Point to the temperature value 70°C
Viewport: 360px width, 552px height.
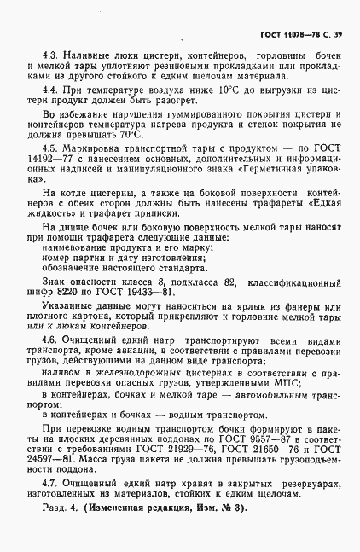coord(131,134)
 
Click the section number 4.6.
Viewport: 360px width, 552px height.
coord(50,339)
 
